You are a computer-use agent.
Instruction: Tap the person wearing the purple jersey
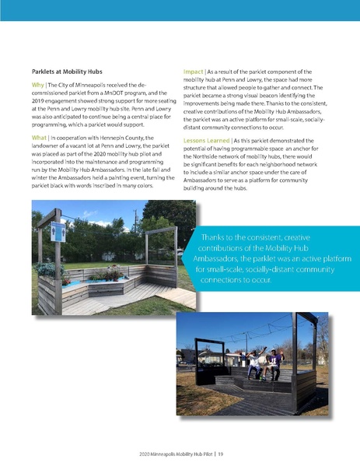273,359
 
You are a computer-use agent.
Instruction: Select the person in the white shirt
254,362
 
